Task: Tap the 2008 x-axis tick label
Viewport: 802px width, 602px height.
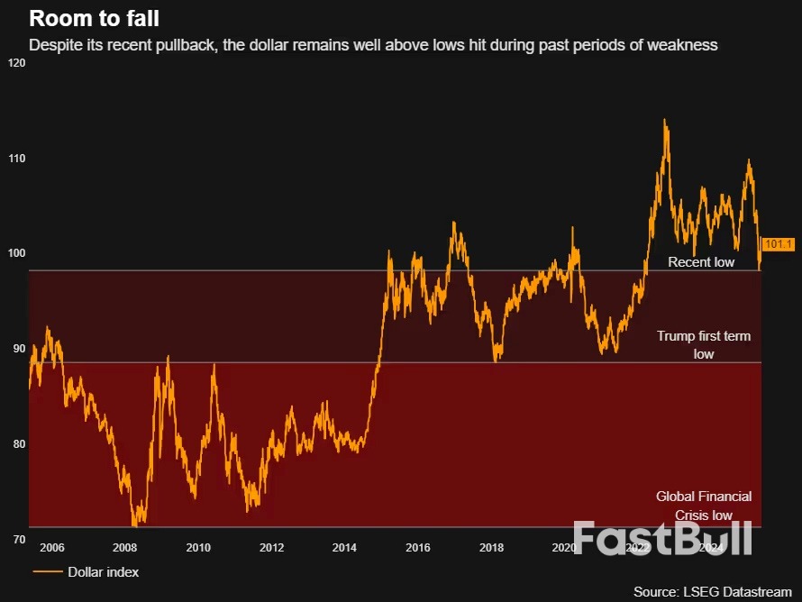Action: (124, 547)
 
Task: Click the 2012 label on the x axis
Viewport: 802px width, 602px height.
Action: (271, 547)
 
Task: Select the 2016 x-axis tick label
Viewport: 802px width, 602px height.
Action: (417, 547)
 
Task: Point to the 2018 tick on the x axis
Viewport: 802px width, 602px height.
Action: (491, 547)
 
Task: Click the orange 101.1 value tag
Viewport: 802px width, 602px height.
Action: (777, 244)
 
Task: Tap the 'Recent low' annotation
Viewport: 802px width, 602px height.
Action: (701, 262)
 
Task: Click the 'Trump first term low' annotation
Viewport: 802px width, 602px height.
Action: (703, 345)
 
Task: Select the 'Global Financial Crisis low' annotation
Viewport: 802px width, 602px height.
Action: (703, 506)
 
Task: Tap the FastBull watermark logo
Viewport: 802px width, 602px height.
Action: (661, 537)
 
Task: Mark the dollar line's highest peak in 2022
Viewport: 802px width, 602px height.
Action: (665, 120)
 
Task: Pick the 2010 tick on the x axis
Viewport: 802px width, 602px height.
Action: (197, 547)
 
